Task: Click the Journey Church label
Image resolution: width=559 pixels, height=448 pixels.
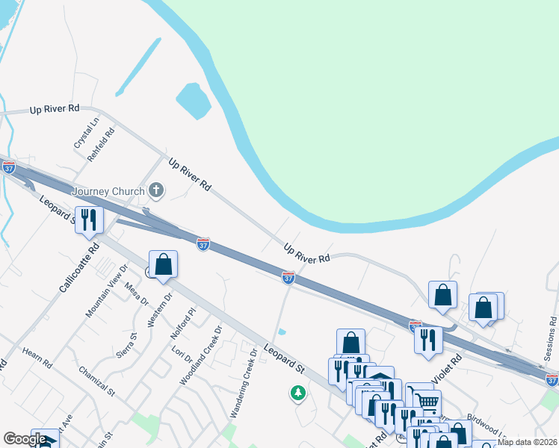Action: (108, 191)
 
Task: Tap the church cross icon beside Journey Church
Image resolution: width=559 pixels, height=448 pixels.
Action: (156, 190)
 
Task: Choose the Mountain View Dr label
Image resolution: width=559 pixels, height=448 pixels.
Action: (107, 290)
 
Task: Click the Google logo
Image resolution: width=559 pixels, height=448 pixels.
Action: (25, 439)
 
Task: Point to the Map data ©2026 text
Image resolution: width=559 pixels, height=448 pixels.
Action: (527, 442)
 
